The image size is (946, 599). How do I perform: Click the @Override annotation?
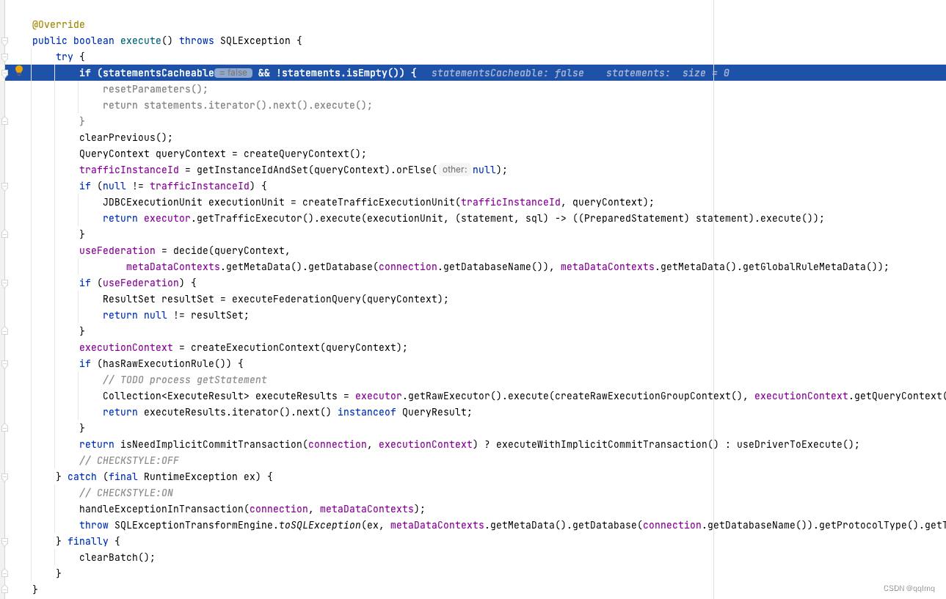(x=59, y=25)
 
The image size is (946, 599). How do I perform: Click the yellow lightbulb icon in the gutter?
(x=19, y=70)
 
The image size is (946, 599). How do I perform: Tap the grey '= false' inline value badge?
(x=233, y=73)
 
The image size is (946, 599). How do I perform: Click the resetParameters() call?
(x=155, y=90)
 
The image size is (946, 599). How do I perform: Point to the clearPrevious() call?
(x=125, y=138)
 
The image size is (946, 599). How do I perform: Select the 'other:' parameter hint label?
(x=454, y=170)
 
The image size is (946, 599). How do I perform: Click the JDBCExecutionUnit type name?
(x=152, y=203)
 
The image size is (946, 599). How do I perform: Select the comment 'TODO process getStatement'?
(x=185, y=380)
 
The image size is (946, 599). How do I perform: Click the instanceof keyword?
(x=366, y=413)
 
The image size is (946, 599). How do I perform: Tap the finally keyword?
(x=88, y=542)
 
